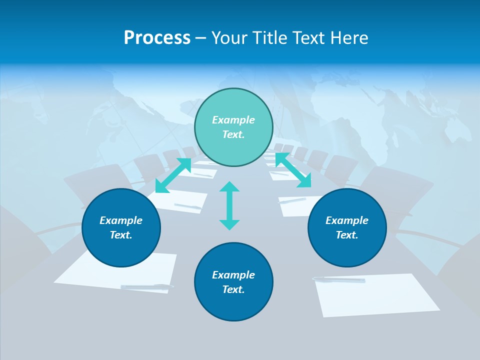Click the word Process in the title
tap(157, 38)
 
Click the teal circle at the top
tap(233, 127)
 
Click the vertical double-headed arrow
tap(229, 205)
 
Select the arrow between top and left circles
tap(173, 175)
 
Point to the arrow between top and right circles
tap(293, 170)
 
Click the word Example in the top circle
tap(233, 120)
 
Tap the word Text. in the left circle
tap(121, 235)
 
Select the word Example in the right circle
tap(347, 220)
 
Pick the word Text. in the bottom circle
tap(233, 289)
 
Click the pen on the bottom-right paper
tap(339, 279)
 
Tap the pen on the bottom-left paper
tap(147, 286)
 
